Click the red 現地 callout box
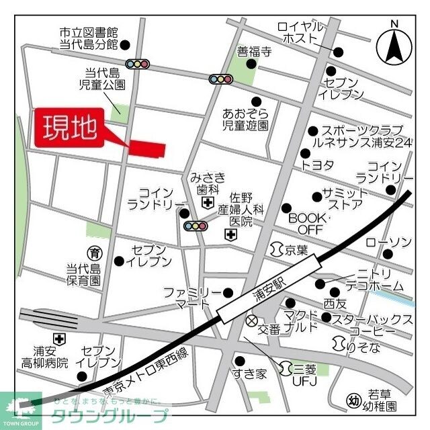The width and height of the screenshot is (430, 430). click(x=70, y=126)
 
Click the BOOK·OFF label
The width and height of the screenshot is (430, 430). click(x=306, y=224)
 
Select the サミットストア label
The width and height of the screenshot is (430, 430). click(x=342, y=198)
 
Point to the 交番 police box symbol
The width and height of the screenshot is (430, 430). click(x=252, y=321)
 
